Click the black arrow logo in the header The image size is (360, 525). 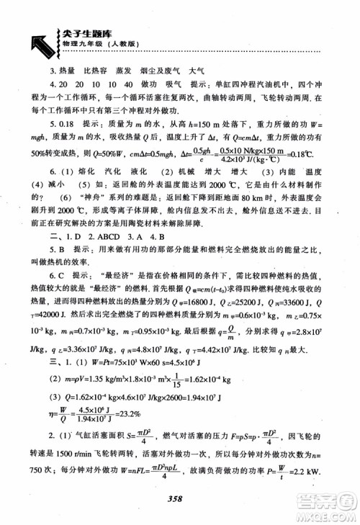(33, 40)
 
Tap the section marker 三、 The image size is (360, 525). (54, 361)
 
